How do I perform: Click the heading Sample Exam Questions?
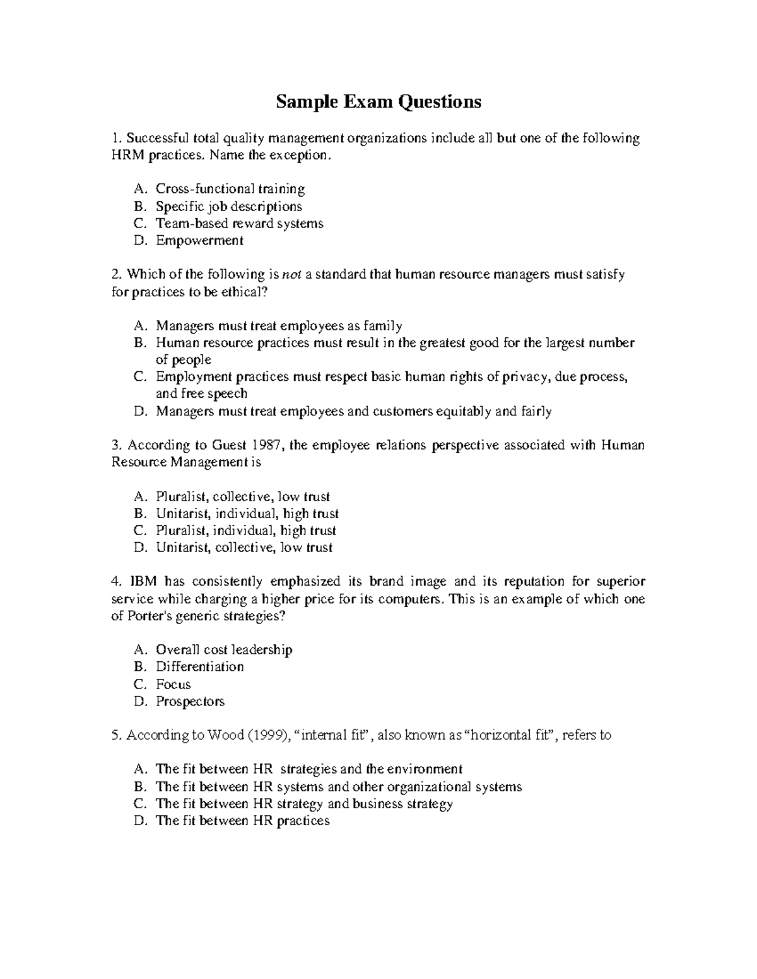378,101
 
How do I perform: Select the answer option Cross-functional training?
230,188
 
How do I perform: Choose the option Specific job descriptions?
228,206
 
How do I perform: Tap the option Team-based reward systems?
239,223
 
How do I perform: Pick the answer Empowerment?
199,240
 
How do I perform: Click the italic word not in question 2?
291,275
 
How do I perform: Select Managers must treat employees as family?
279,326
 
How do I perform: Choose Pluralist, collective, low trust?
243,497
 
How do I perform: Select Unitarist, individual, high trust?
247,514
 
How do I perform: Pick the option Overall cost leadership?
224,649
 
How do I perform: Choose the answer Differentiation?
199,666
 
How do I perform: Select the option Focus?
173,684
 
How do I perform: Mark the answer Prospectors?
190,701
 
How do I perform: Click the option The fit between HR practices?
242,820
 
